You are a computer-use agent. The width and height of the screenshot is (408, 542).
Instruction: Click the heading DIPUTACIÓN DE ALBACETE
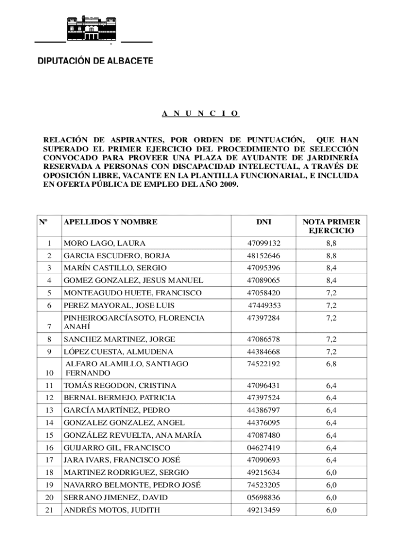(x=95, y=61)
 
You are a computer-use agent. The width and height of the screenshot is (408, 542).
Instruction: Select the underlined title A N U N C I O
(x=200, y=113)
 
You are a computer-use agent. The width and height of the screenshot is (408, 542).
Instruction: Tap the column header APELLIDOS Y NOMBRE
(x=110, y=222)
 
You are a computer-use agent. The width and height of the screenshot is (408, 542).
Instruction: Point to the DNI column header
(x=264, y=222)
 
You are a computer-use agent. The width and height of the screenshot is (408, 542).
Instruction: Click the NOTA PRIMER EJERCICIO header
(x=331, y=227)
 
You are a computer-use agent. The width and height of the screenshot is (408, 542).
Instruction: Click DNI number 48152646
(x=264, y=256)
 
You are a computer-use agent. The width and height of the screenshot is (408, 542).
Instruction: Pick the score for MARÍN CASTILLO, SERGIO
(x=331, y=268)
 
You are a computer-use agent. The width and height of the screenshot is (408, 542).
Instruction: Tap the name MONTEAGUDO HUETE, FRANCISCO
(x=132, y=293)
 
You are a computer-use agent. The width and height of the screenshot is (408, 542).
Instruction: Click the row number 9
(x=49, y=352)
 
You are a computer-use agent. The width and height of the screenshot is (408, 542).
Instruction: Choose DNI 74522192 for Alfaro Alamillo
(x=264, y=364)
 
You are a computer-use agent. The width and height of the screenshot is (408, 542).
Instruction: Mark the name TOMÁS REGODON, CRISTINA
(x=120, y=385)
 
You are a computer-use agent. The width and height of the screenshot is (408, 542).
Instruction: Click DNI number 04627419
(x=264, y=448)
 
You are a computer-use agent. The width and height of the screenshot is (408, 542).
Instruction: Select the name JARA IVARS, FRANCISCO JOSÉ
(x=122, y=460)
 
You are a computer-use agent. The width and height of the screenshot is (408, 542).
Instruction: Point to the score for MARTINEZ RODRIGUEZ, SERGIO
(x=331, y=472)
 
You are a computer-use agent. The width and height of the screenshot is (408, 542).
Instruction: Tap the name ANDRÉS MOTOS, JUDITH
(x=112, y=510)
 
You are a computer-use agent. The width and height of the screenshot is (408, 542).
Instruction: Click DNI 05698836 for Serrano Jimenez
(x=264, y=498)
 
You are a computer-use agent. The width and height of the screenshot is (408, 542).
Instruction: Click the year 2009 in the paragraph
(x=228, y=186)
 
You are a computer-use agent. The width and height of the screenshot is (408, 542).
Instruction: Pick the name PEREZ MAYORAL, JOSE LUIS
(x=119, y=305)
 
